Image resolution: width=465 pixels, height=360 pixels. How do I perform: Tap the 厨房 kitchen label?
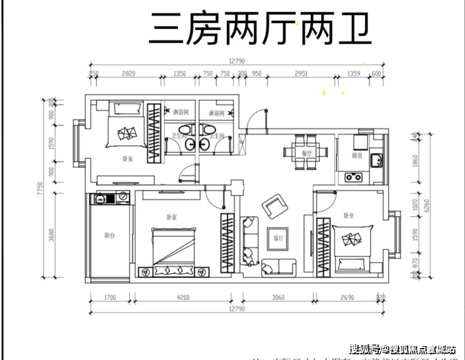tap(356, 155)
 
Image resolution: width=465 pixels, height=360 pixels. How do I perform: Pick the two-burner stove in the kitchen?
tap(353, 176)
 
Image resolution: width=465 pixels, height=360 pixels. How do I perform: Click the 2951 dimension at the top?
tap(301, 74)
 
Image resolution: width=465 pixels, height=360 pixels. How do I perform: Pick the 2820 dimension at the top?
tap(128, 74)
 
